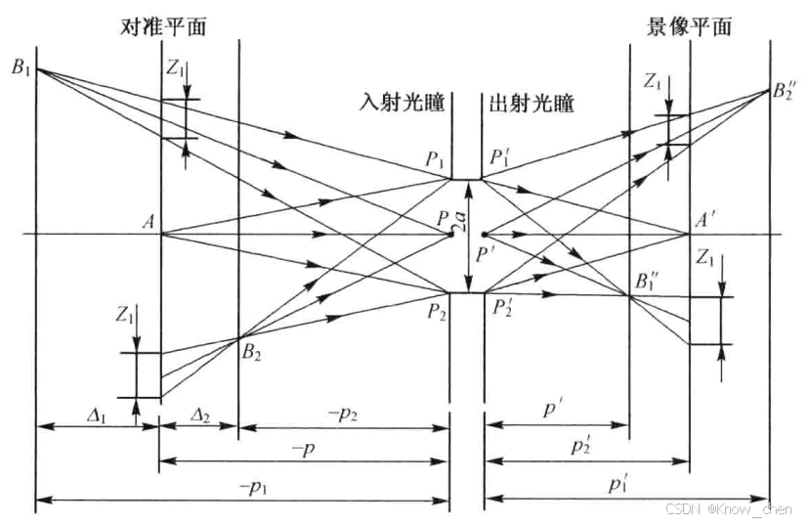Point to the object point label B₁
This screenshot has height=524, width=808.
click(20, 67)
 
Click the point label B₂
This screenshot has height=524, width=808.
click(253, 350)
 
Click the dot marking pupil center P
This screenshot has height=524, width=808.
click(450, 235)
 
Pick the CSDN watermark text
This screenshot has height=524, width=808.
click(729, 509)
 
